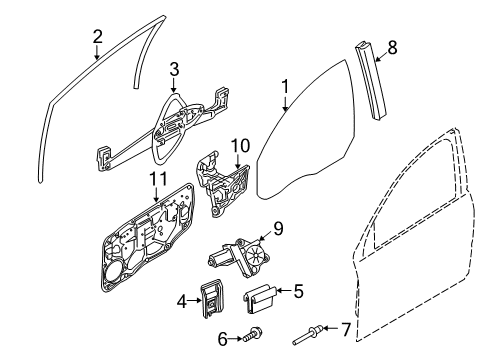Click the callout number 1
tap(285, 87)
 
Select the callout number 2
tap(97, 37)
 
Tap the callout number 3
tap(174, 69)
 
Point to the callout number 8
tap(392, 47)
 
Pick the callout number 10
tap(240, 146)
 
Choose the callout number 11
tap(158, 180)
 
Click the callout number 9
tap(278, 229)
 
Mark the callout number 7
tap(346, 330)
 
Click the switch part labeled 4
tap(212, 299)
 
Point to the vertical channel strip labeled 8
tap(370, 80)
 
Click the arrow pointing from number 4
tap(194, 301)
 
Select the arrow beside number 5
tap(284, 291)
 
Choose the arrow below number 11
tap(157, 195)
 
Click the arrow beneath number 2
tap(97, 52)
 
